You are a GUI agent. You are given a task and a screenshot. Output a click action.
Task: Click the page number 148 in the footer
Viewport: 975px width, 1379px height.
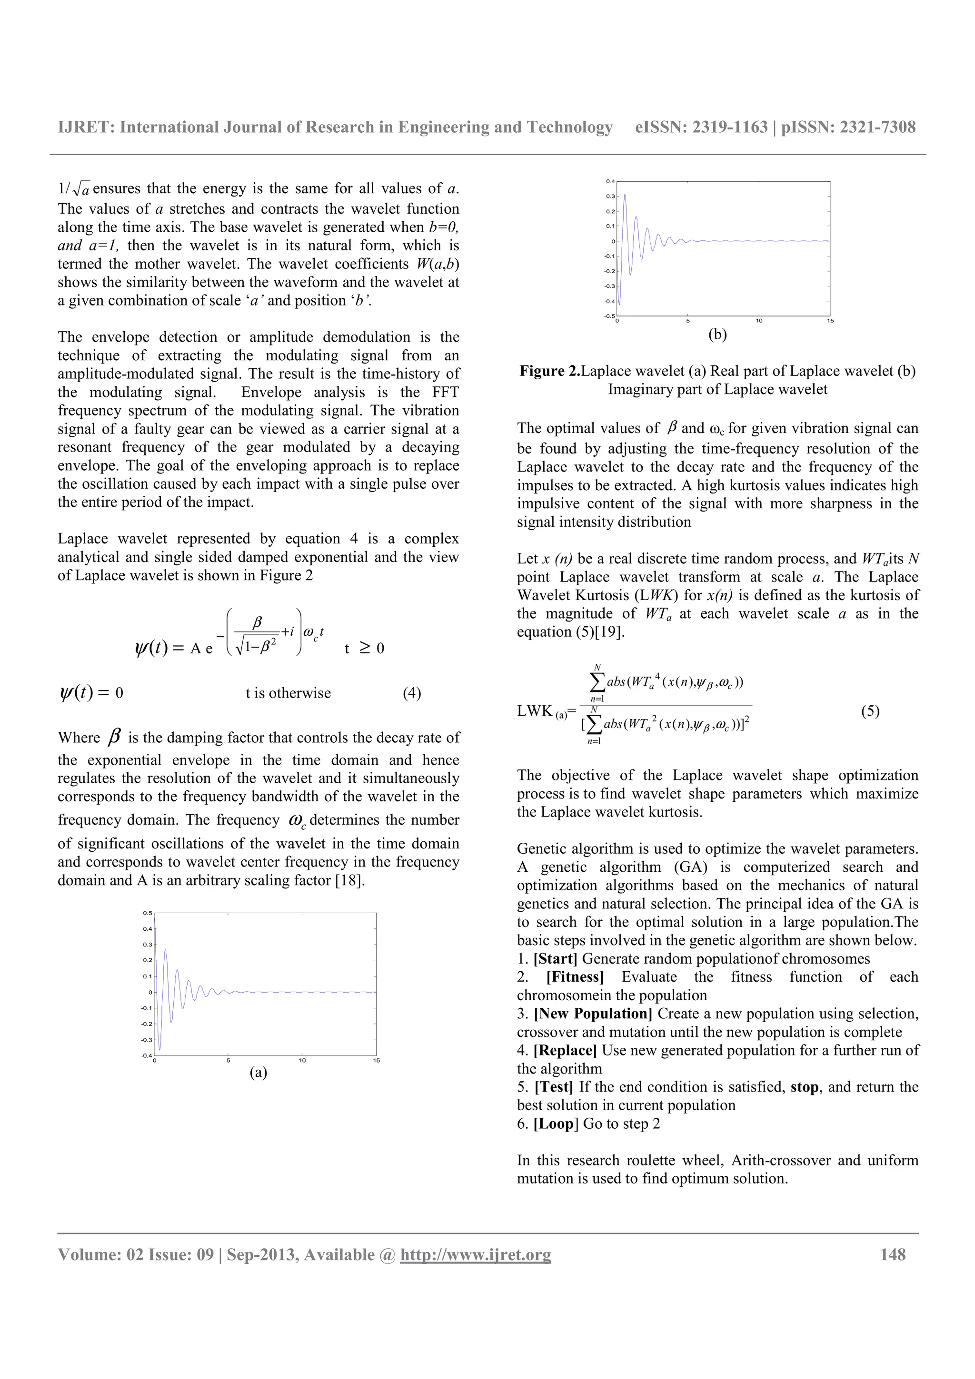tap(893, 1255)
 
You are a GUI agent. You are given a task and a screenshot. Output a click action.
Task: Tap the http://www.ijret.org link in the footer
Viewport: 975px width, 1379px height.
tap(475, 1255)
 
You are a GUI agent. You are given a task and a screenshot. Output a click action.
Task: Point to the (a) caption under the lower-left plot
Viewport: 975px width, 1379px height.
tap(259, 1072)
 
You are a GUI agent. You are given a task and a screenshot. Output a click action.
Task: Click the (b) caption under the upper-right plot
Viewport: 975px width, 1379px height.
tap(717, 335)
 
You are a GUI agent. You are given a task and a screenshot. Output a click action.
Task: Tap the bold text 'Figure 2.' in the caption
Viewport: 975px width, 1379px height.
tap(550, 371)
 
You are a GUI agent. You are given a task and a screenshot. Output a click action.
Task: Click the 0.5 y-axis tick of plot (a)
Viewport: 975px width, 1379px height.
tap(148, 913)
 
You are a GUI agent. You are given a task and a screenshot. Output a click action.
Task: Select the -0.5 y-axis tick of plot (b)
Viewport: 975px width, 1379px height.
tap(609, 316)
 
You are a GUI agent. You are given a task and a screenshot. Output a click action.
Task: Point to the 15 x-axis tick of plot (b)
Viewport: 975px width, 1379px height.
tap(830, 321)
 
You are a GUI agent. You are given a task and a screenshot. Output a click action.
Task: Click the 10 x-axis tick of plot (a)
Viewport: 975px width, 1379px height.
tap(302, 1061)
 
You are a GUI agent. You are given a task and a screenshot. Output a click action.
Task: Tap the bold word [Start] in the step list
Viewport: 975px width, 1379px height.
tap(555, 958)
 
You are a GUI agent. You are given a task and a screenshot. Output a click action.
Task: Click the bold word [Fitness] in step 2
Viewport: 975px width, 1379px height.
tap(574, 977)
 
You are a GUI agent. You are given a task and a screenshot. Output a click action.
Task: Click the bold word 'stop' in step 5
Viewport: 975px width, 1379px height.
tap(805, 1087)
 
